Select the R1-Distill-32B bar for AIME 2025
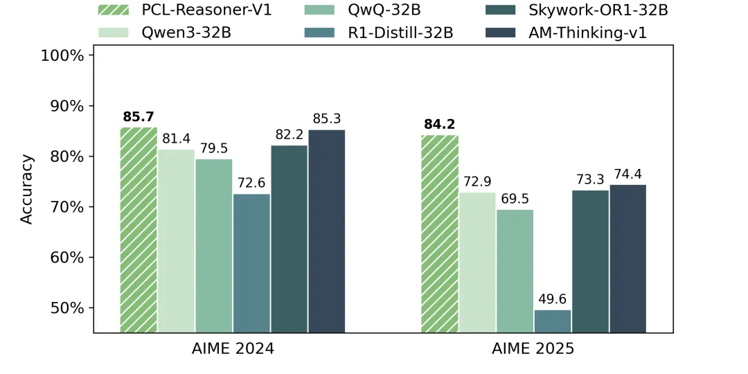[553, 321]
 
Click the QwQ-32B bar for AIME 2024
[214, 245]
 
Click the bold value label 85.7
[139, 116]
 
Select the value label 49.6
[553, 299]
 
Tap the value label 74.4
[628, 174]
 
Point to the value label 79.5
[214, 148]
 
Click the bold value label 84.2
[440, 124]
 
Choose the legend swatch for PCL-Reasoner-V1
[112, 10]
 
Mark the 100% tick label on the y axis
[63, 55]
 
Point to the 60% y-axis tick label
[66, 258]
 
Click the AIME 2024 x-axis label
[233, 348]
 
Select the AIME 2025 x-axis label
[533, 348]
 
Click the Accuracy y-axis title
[27, 189]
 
